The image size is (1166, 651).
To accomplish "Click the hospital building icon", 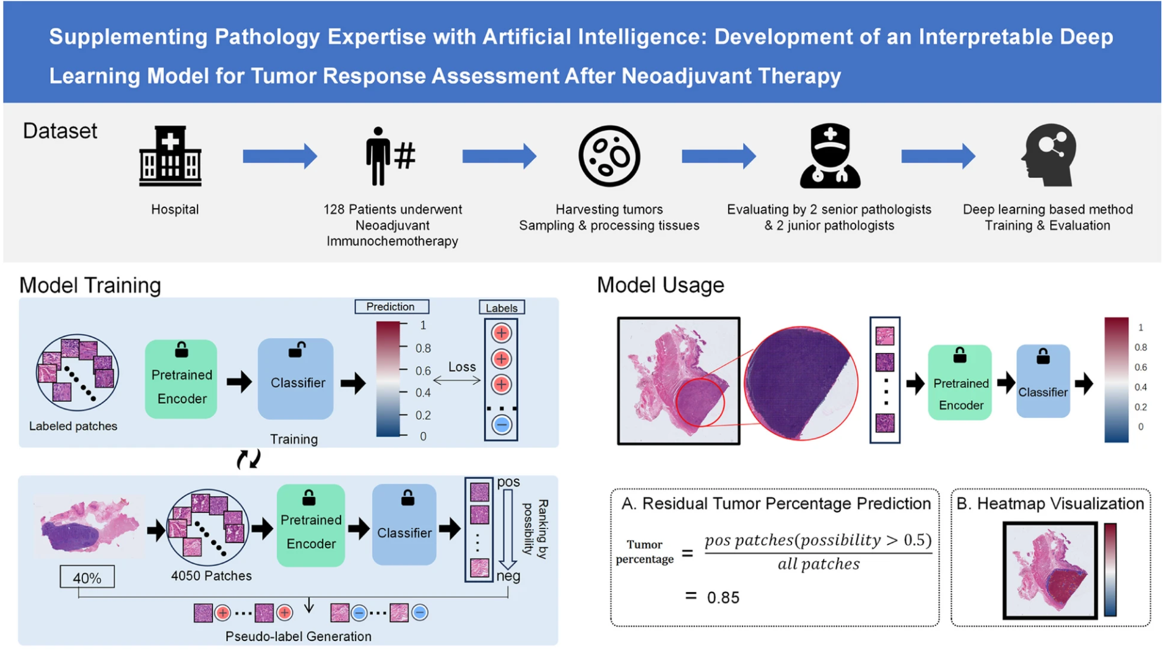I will point(170,156).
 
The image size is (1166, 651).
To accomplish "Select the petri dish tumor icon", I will point(609,156).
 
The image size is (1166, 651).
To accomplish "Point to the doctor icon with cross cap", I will point(830,156).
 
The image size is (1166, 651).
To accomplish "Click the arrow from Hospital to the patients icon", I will point(280,156).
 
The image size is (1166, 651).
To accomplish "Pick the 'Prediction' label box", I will point(391,307).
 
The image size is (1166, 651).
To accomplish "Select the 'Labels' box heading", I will point(501,308).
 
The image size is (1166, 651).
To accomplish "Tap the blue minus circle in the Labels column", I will point(502,425).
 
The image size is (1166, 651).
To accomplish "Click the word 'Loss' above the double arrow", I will point(462,367).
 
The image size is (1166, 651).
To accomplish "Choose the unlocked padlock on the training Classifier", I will point(296,351).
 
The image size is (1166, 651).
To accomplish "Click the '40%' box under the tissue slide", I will point(87,578).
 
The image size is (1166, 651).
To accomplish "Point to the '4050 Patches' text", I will point(211,575).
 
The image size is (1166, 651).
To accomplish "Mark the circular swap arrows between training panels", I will point(249,459).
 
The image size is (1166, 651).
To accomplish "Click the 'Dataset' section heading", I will point(60,131).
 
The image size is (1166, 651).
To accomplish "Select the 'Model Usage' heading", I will point(660,285).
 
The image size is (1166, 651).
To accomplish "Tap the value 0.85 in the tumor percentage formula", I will point(723,598).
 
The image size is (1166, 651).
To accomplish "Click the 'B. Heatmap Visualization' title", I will point(1050,504).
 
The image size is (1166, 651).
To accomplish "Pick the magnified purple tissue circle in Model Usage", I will point(800,383).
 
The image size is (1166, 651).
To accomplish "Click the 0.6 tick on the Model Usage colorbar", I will point(1140,367).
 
